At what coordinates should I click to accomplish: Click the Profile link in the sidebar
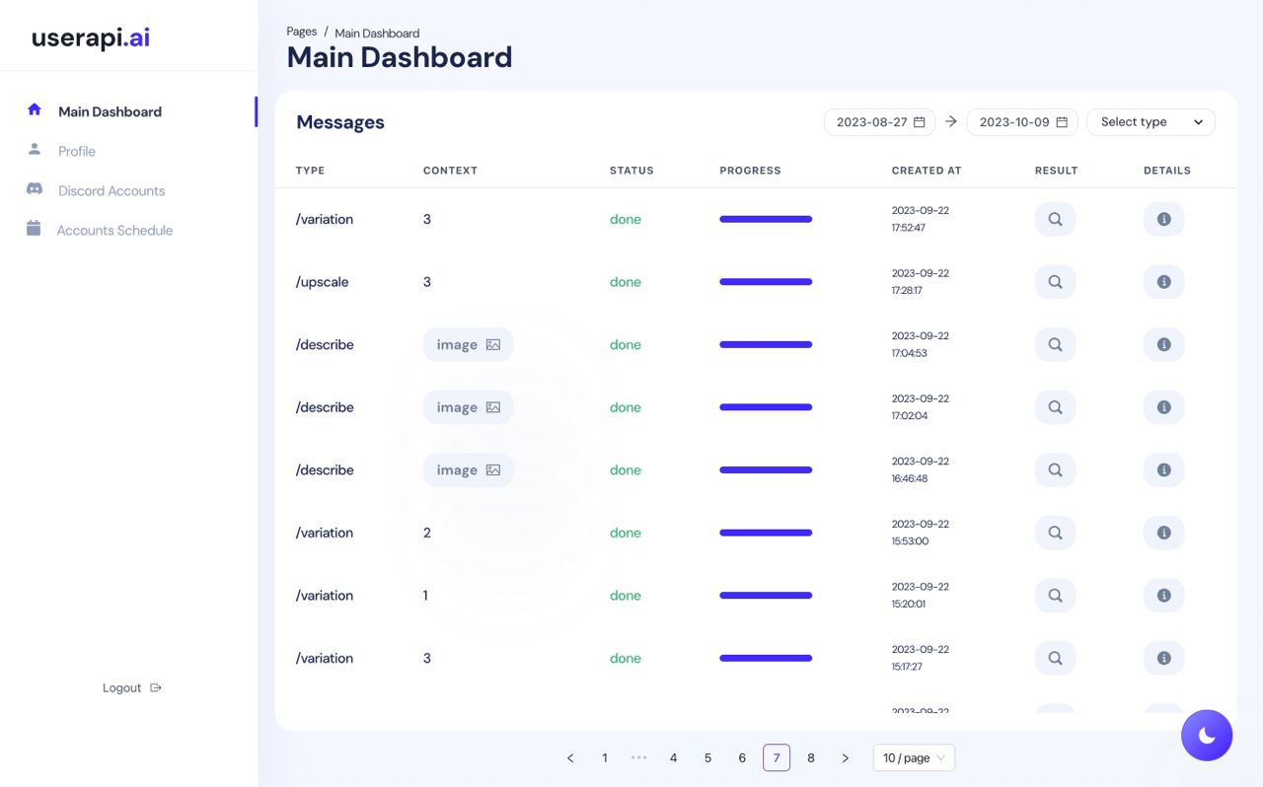(76, 151)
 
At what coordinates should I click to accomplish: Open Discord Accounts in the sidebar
(111, 190)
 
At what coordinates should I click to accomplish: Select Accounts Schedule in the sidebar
(114, 230)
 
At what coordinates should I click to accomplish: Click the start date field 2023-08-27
(879, 122)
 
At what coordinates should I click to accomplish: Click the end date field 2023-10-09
(1022, 122)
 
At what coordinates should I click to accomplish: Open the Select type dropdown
(1151, 122)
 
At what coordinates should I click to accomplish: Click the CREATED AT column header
(926, 171)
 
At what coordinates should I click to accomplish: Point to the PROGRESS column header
(750, 171)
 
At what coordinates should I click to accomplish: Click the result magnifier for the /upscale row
(1055, 282)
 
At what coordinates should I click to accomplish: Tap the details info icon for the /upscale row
(1163, 282)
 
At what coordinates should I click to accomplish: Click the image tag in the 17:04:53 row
(468, 344)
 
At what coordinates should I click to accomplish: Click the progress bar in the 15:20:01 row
(766, 596)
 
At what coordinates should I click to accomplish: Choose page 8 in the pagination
(811, 757)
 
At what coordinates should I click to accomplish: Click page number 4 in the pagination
(673, 757)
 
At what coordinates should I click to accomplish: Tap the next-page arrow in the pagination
(845, 757)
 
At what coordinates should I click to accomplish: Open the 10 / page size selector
(914, 757)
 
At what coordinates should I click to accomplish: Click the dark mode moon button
(1207, 735)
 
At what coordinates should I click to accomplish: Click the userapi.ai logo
(91, 37)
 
